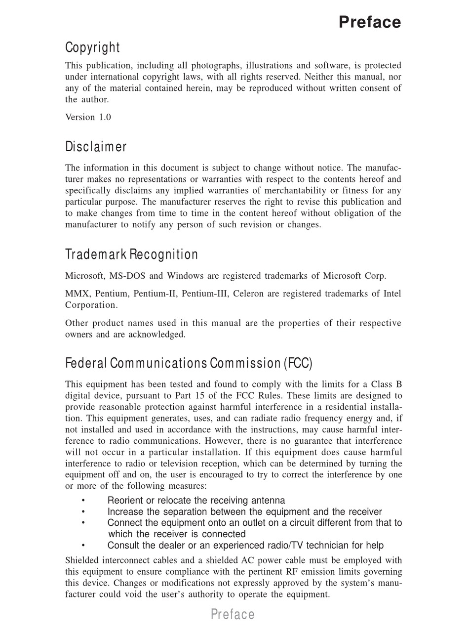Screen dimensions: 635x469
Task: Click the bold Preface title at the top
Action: [370, 22]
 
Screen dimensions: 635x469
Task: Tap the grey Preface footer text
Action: [233, 614]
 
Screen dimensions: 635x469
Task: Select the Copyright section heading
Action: [92, 47]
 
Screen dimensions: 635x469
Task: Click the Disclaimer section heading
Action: [96, 147]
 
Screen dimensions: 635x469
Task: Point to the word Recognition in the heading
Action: [164, 254]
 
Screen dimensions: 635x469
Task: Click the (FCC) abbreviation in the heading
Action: [298, 363]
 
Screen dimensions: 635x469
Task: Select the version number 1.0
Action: [105, 117]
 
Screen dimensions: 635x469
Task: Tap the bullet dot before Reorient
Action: [83, 501]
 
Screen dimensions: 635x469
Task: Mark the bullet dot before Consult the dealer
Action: [83, 546]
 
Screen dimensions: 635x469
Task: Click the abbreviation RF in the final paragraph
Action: [292, 572]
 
